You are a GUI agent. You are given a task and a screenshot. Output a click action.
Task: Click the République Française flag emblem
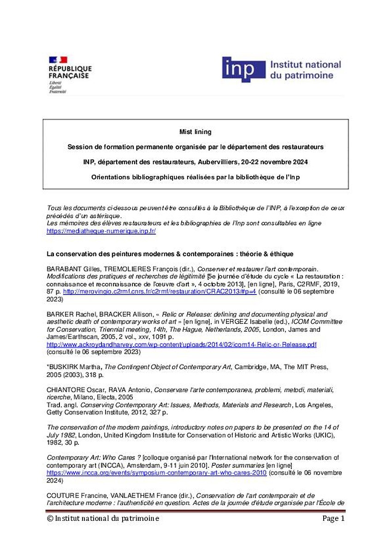tap(58, 59)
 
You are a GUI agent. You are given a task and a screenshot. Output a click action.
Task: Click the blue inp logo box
tap(244, 70)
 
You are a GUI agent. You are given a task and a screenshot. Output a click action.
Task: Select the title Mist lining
tap(195, 132)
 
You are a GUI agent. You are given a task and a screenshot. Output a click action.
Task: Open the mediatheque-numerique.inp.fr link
tap(101, 231)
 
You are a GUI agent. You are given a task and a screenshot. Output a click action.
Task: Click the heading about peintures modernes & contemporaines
tap(170, 254)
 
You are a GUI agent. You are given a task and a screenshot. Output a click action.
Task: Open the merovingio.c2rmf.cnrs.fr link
tap(160, 292)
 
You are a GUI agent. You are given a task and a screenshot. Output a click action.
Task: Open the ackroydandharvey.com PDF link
tap(182, 345)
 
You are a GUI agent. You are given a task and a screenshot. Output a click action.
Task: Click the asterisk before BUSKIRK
tap(48, 367)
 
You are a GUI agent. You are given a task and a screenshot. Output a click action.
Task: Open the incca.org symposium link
tap(157, 473)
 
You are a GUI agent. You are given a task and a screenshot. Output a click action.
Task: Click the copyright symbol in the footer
tap(50, 519)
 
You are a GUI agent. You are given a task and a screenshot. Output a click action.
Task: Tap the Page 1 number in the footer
tap(333, 519)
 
